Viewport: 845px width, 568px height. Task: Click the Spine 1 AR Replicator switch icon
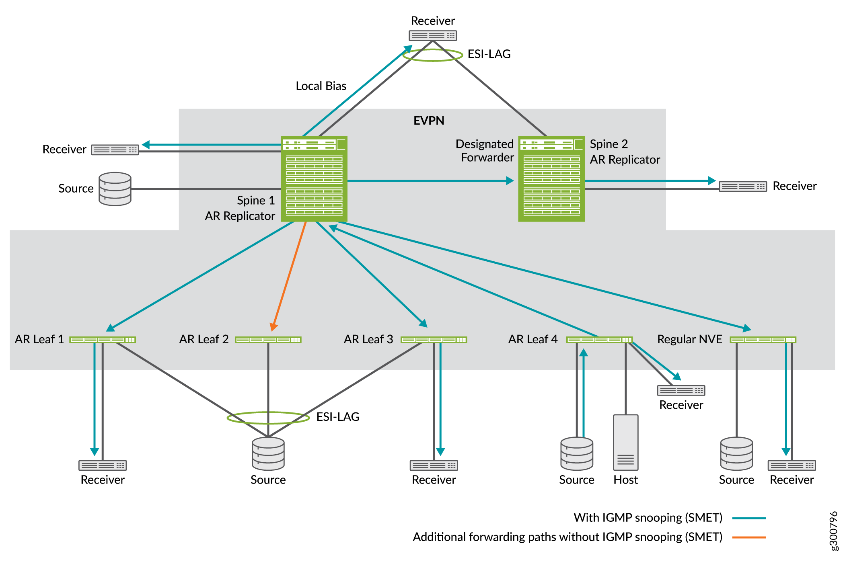(x=314, y=179)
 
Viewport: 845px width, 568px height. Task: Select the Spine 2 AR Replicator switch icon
(x=551, y=179)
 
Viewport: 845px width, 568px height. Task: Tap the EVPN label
(x=429, y=121)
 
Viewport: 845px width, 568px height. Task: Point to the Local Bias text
(x=321, y=86)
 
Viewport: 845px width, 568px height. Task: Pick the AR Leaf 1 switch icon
(x=103, y=340)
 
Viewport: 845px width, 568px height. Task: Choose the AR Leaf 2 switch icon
(x=268, y=340)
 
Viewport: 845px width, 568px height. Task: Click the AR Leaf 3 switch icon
(x=434, y=340)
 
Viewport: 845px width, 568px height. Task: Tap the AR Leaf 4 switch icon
(x=599, y=340)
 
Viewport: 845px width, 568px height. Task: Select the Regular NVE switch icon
(x=763, y=340)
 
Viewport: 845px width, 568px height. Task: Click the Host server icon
(x=625, y=442)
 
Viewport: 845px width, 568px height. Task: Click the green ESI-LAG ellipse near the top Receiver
(x=433, y=55)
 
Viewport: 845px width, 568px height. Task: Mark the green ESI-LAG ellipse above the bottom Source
(x=268, y=418)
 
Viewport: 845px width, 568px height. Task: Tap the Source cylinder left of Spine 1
(x=115, y=189)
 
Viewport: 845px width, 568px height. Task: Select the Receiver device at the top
(x=433, y=36)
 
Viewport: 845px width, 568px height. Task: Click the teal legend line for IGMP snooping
(x=749, y=518)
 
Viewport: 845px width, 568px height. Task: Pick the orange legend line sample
(x=749, y=537)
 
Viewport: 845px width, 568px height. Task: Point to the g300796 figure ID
(x=834, y=531)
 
